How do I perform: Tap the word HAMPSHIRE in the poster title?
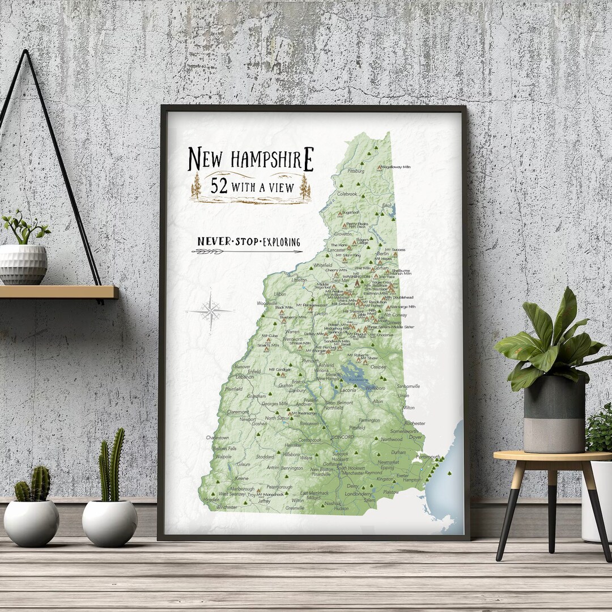tap(271, 159)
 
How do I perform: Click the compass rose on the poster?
tap(210, 311)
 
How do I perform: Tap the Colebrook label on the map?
tap(347, 194)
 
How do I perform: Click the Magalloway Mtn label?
tap(396, 167)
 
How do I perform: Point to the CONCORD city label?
tap(343, 437)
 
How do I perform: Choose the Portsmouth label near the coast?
tap(428, 456)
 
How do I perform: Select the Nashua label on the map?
tap(333, 503)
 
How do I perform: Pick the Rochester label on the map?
tap(415, 423)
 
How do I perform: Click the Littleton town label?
tap(299, 279)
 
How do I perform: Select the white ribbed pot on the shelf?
tap(23, 264)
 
